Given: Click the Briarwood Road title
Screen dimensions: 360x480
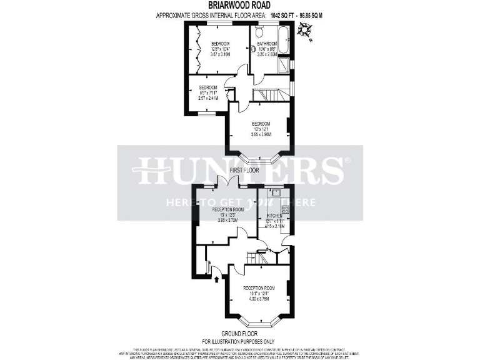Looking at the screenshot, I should (240, 5).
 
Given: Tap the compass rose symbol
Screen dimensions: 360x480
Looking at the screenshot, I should (305, 29).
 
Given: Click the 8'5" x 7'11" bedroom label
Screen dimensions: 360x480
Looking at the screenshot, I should (207, 92).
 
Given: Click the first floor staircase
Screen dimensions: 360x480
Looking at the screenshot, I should (268, 94).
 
